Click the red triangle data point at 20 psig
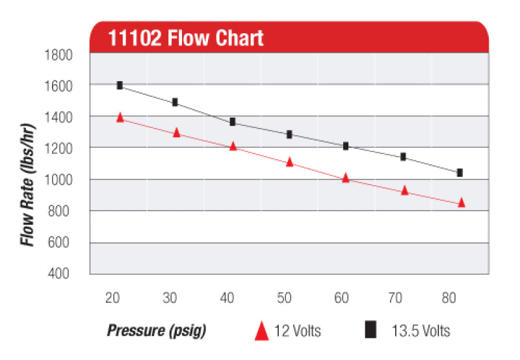point(120,117)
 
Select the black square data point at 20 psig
point(120,85)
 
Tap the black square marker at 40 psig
point(233,122)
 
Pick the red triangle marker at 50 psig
point(290,162)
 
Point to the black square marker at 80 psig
point(460,172)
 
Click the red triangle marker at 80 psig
point(461,202)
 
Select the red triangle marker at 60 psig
point(346,177)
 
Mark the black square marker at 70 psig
point(403,157)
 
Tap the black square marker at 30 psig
point(175,102)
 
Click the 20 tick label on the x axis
point(112,298)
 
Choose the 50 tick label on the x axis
point(285,298)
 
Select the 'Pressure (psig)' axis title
point(156,331)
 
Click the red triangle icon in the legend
point(261,330)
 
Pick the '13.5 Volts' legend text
point(420,331)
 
